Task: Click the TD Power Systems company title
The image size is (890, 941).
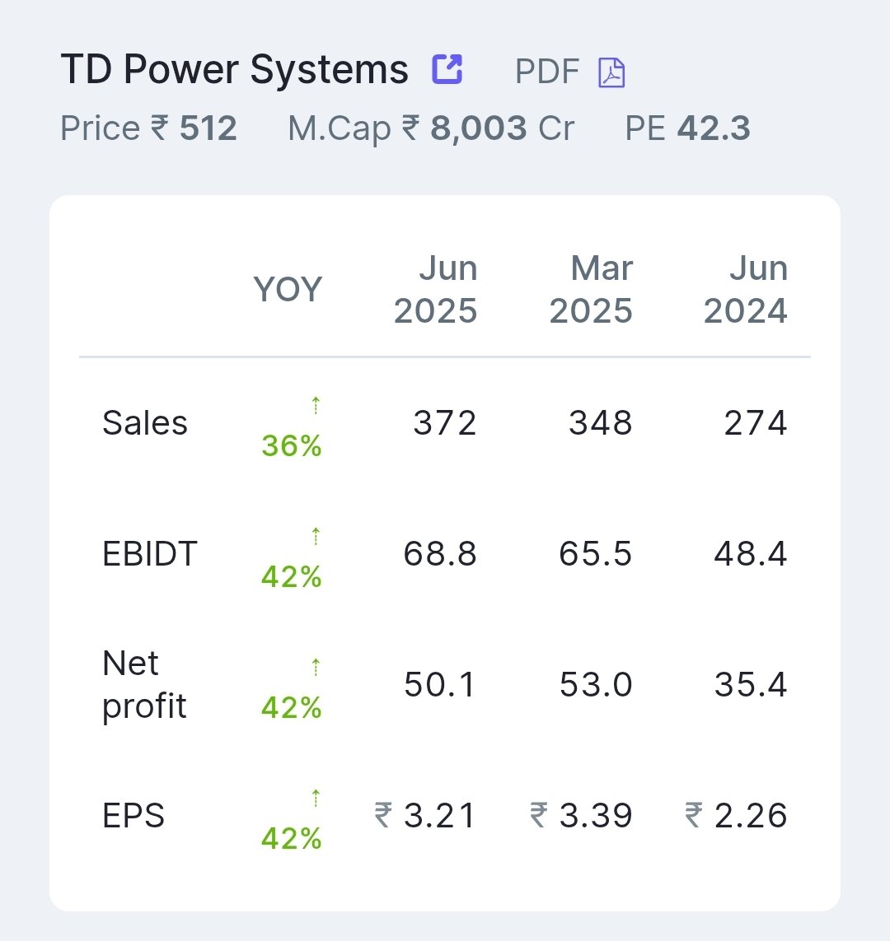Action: click(x=234, y=71)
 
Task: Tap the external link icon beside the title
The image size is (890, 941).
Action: click(x=447, y=69)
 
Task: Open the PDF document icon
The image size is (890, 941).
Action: click(x=611, y=72)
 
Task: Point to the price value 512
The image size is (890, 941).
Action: click(x=208, y=129)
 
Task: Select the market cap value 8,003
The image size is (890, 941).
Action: click(x=478, y=129)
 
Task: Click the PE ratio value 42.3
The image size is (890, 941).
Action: click(x=714, y=129)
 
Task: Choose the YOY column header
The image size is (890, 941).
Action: click(x=288, y=290)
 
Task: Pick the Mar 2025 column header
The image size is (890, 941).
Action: click(x=592, y=290)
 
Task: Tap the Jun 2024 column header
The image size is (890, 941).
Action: click(x=746, y=290)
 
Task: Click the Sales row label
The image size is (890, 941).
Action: click(x=145, y=423)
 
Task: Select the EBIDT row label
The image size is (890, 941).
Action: click(x=150, y=554)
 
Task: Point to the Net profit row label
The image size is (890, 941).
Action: click(x=144, y=685)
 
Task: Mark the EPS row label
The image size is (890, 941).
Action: click(x=133, y=816)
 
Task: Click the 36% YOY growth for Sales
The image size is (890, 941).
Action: click(x=292, y=446)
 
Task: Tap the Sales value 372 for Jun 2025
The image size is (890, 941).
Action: click(x=445, y=423)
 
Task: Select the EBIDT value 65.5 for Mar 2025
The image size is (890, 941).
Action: click(x=596, y=554)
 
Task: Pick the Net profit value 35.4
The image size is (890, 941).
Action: click(x=751, y=685)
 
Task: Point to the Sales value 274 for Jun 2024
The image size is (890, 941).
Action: click(x=756, y=423)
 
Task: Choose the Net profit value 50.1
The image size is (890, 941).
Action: click(x=440, y=685)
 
